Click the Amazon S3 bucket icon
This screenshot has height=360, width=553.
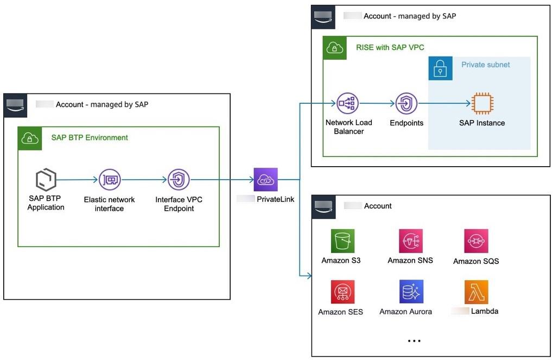[342, 240]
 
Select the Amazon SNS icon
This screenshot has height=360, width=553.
[410, 241]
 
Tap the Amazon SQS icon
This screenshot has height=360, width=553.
[476, 241]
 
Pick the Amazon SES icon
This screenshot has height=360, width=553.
[342, 292]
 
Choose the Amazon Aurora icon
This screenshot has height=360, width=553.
[410, 292]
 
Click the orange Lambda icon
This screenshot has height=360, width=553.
[476, 292]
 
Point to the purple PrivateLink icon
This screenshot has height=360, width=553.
[265, 180]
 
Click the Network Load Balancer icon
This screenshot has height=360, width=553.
[348, 103]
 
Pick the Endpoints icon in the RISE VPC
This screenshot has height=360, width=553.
[406, 103]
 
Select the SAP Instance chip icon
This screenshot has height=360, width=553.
[481, 103]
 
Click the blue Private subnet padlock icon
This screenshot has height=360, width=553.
[440, 68]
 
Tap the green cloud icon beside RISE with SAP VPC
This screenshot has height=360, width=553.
[334, 48]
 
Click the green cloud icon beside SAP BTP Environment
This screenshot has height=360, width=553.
[29, 139]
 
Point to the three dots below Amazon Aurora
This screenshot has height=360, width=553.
[414, 341]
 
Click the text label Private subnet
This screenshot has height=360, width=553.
[486, 65]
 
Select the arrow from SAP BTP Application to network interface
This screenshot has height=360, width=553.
[77, 180]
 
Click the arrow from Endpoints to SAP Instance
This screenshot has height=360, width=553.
[443, 103]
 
